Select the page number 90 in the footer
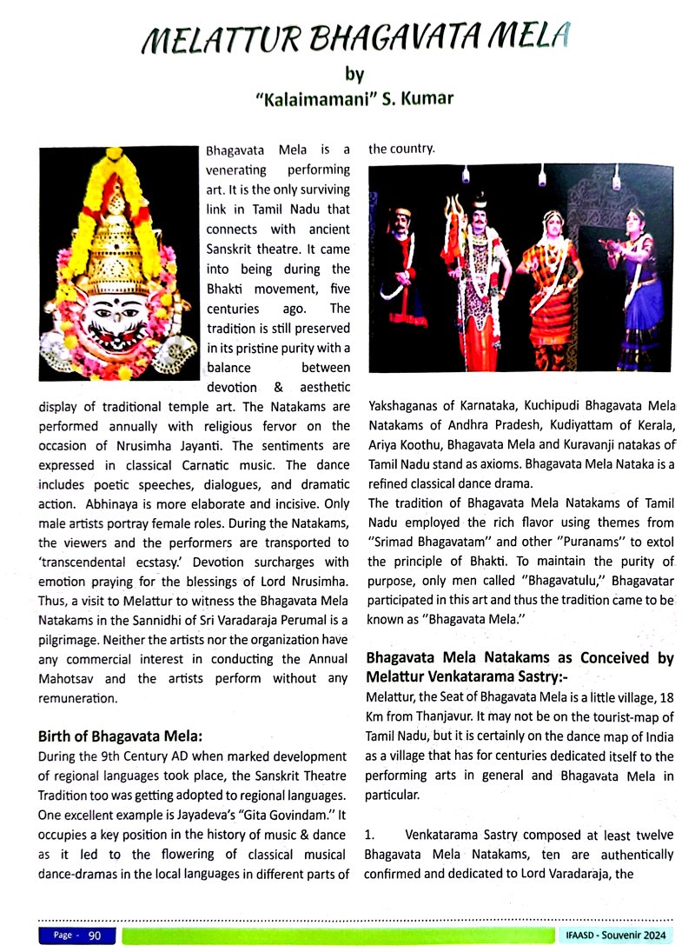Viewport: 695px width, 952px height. (96, 935)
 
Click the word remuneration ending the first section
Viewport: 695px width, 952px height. (80, 697)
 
